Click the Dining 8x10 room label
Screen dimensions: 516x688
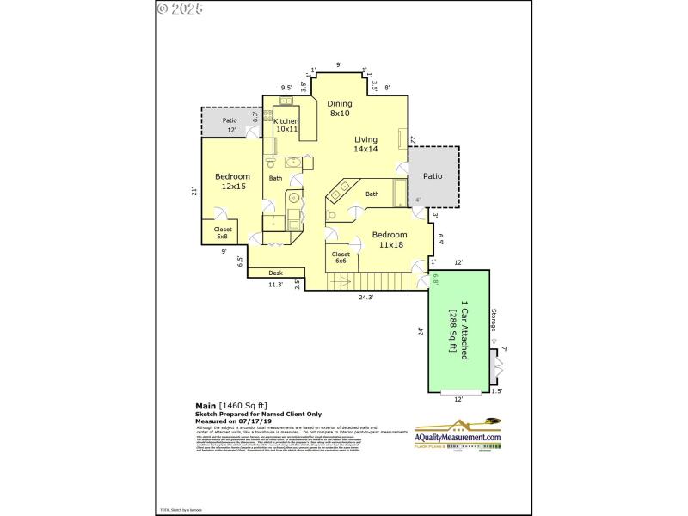click(340, 108)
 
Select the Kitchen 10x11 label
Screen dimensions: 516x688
click(286, 126)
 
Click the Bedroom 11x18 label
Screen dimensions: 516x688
click(390, 239)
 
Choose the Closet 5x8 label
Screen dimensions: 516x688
click(223, 233)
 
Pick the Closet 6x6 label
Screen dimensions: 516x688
click(341, 258)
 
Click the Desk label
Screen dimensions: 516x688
click(276, 273)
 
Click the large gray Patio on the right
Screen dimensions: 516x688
click(432, 176)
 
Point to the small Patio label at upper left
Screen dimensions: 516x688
click(230, 120)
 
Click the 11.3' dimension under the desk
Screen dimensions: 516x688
click(275, 285)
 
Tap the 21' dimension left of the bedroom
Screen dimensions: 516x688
click(193, 192)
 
